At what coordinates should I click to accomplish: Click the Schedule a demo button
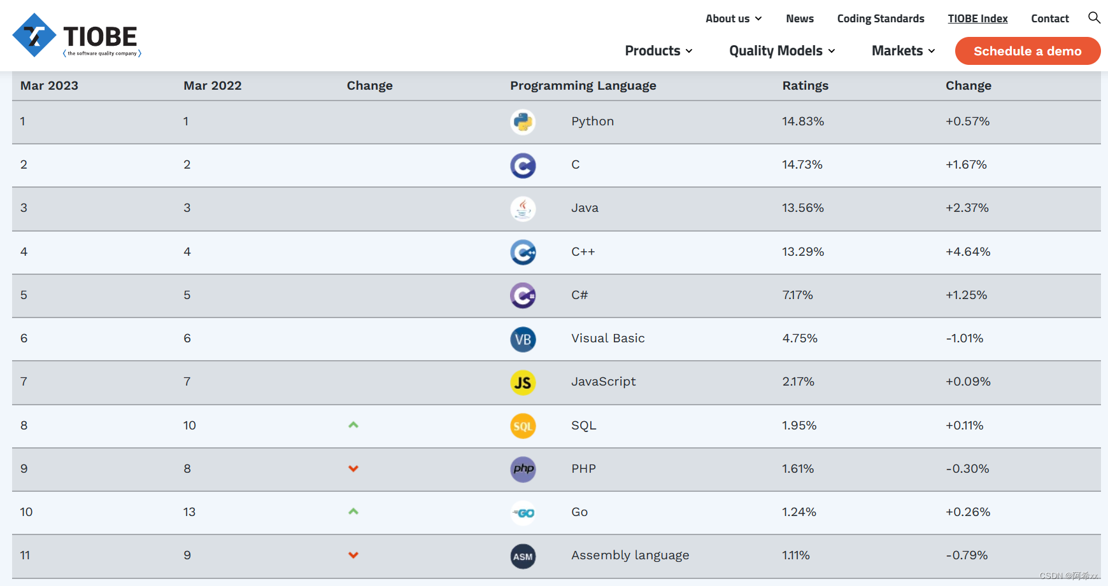coord(1027,51)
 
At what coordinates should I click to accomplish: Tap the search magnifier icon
coord(1094,18)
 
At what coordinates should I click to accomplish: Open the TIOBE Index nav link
coord(977,18)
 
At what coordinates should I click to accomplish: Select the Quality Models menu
coord(782,51)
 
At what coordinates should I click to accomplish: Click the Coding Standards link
coord(881,18)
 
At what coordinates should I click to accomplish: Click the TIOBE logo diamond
coord(34,35)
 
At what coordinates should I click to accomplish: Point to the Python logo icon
coord(523,122)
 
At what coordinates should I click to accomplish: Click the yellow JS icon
coord(523,382)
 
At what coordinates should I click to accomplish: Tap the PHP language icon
coord(523,470)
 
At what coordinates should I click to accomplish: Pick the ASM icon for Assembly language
coord(523,556)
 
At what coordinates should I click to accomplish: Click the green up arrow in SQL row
coord(353,425)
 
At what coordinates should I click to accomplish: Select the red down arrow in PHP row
coord(353,469)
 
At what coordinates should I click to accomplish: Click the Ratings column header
coord(805,86)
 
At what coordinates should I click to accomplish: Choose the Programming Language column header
coord(583,86)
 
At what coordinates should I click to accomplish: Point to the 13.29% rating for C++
coord(803,252)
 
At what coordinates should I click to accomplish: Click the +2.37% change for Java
coord(967,208)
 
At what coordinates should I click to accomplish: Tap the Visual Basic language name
coord(607,338)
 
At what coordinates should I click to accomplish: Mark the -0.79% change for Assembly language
coord(967,555)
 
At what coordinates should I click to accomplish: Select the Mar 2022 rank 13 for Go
coord(189,512)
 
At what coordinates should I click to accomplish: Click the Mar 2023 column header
coord(49,86)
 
